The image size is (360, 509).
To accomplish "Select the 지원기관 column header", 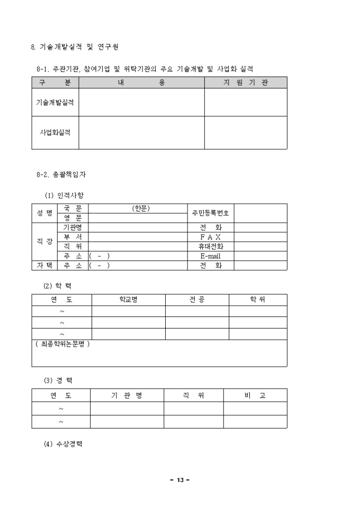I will click(246, 83).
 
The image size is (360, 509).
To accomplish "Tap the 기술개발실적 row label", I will click(55, 103).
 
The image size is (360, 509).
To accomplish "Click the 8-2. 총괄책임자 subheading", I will click(61, 174).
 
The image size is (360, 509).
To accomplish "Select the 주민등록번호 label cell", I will click(210, 213).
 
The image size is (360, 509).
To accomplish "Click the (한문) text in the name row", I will click(141, 208).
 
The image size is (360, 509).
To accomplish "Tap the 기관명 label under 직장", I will click(73, 227).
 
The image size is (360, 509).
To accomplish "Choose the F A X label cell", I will click(210, 237).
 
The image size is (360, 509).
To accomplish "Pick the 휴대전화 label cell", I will click(210, 246).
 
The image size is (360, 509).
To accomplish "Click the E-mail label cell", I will click(210, 256).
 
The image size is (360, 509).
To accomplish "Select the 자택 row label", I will click(44, 266).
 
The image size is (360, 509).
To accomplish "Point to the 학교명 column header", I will click(129, 300).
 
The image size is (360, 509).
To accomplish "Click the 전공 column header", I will click(197, 300).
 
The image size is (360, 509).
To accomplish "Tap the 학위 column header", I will click(258, 300).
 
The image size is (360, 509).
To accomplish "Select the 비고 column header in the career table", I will click(255, 395).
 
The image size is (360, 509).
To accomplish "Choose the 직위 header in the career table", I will click(193, 395).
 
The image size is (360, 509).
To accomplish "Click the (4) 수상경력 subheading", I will click(62, 444).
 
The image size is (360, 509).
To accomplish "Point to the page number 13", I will click(180, 480).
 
